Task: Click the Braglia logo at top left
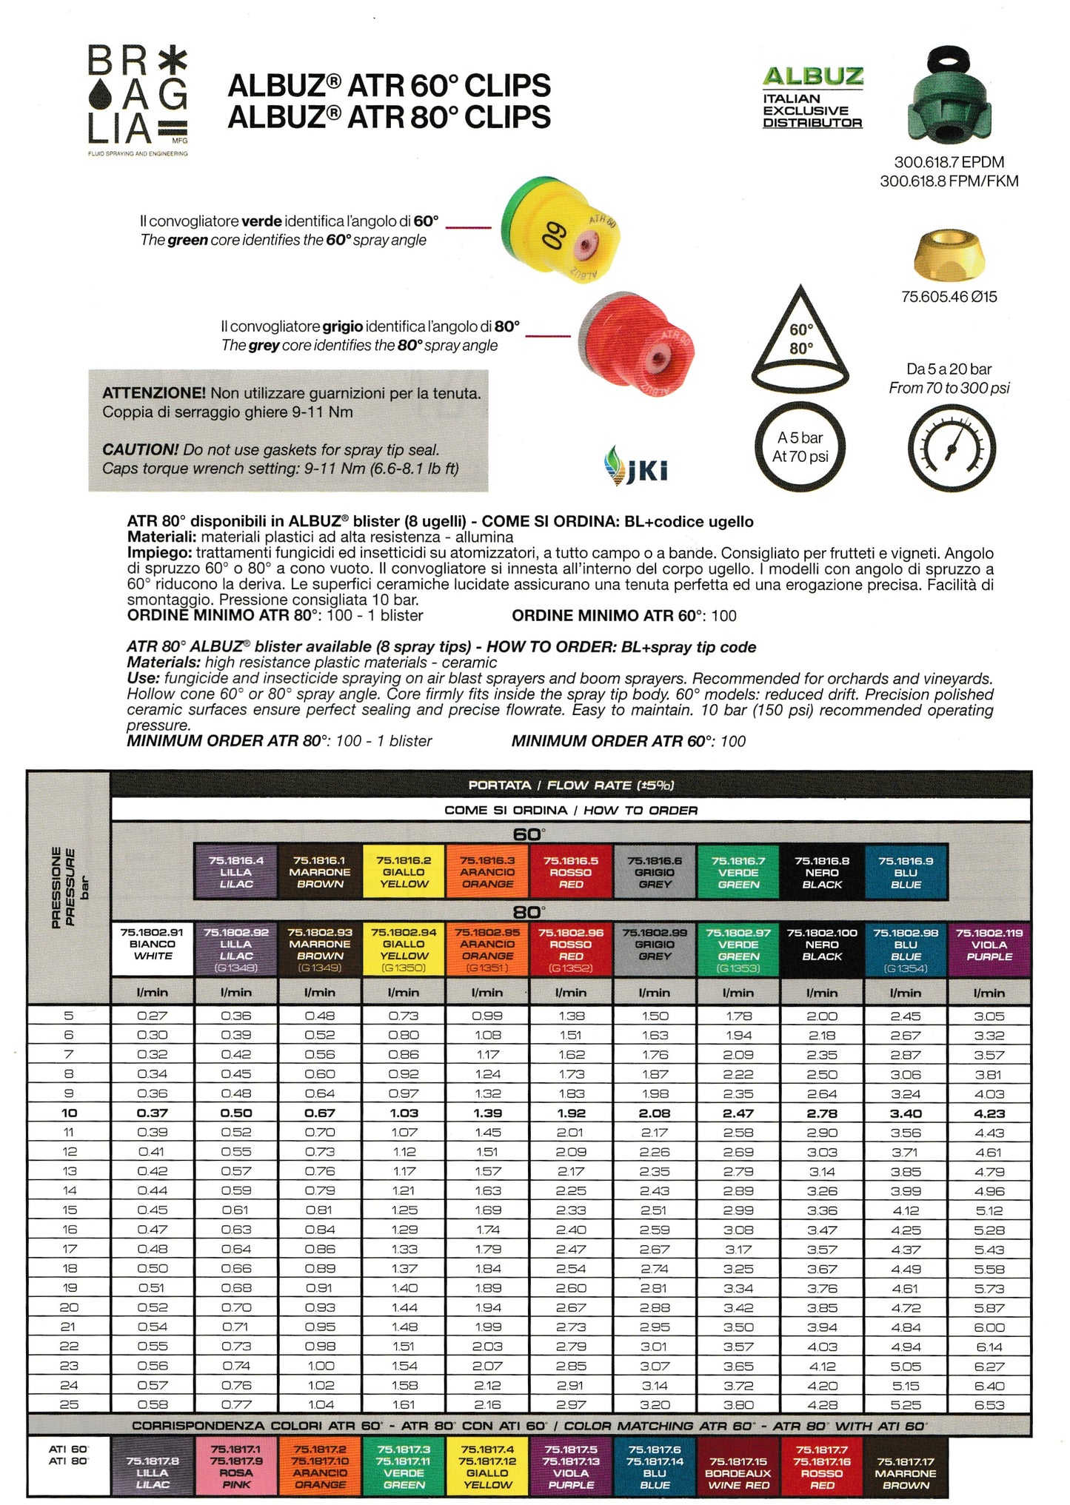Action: click(138, 98)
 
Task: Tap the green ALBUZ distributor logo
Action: click(813, 97)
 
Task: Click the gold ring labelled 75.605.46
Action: click(949, 257)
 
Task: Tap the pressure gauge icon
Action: click(951, 448)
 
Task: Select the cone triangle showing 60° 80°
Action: click(800, 340)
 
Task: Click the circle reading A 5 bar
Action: click(800, 447)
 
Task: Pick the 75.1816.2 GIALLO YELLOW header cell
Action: click(404, 872)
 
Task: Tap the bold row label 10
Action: click(69, 1113)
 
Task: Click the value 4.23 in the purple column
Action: click(989, 1113)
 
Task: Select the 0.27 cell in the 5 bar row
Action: click(152, 1016)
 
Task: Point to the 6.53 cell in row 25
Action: click(989, 1404)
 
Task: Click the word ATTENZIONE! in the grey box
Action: click(153, 393)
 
